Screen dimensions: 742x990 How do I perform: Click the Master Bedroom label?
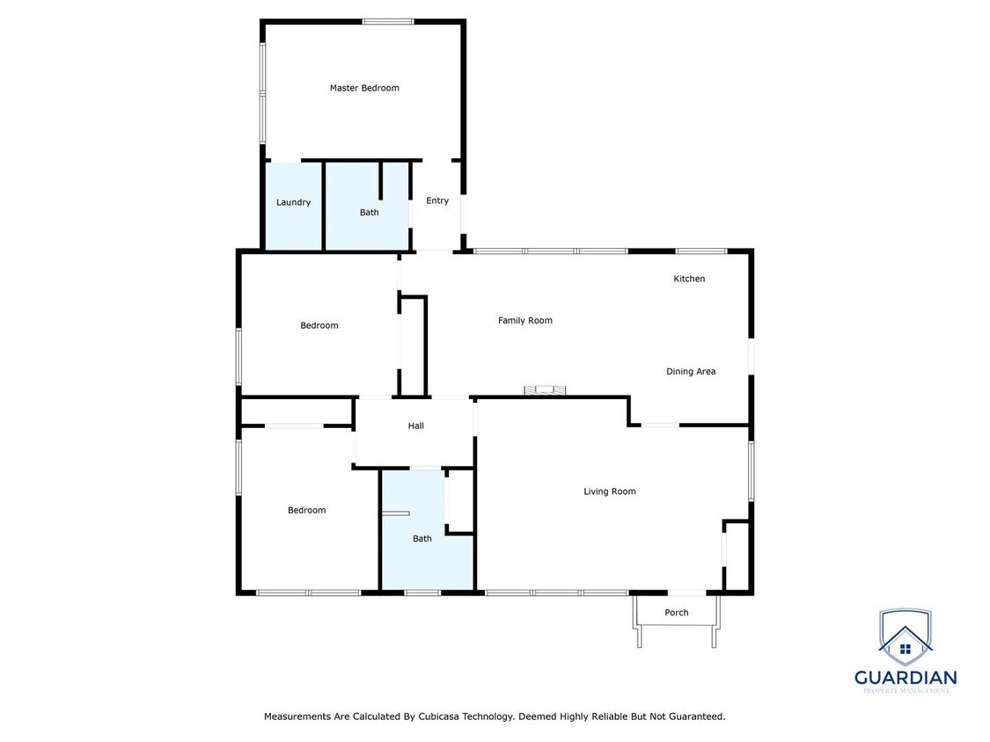(364, 88)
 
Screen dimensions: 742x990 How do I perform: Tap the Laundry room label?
(293, 202)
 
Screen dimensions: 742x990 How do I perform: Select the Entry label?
(437, 200)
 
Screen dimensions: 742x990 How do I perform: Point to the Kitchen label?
(689, 279)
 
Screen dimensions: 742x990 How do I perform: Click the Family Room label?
(525, 321)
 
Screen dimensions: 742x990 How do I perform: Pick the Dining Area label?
(691, 372)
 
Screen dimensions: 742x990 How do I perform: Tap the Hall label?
(416, 426)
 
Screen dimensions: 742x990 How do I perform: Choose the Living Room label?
(610, 491)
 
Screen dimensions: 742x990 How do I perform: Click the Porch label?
(677, 613)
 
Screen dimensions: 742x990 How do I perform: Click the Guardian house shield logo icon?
(906, 637)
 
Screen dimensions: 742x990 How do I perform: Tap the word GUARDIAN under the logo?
(906, 678)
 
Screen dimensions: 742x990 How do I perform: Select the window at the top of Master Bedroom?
(388, 21)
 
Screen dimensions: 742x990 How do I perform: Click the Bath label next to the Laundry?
(370, 213)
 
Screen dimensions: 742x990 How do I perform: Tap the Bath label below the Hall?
(422, 539)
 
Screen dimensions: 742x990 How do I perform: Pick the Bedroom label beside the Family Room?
(319, 326)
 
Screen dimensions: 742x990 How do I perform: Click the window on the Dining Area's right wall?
(751, 356)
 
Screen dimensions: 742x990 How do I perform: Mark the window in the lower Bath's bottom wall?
(422, 593)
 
